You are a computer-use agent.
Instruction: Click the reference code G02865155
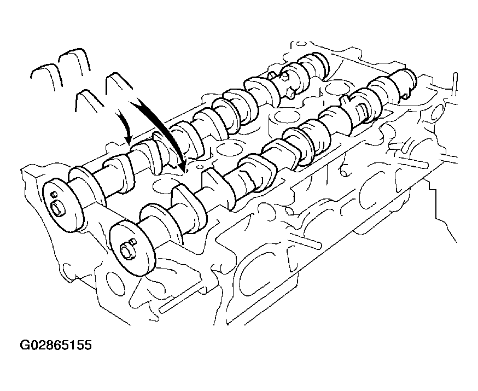click(x=56, y=345)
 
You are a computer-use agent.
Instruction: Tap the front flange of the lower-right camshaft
click(x=132, y=248)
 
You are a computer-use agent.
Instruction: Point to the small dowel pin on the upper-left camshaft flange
click(x=55, y=194)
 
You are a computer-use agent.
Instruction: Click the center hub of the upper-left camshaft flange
click(x=58, y=209)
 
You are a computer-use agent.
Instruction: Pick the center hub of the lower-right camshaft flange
click(x=127, y=251)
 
